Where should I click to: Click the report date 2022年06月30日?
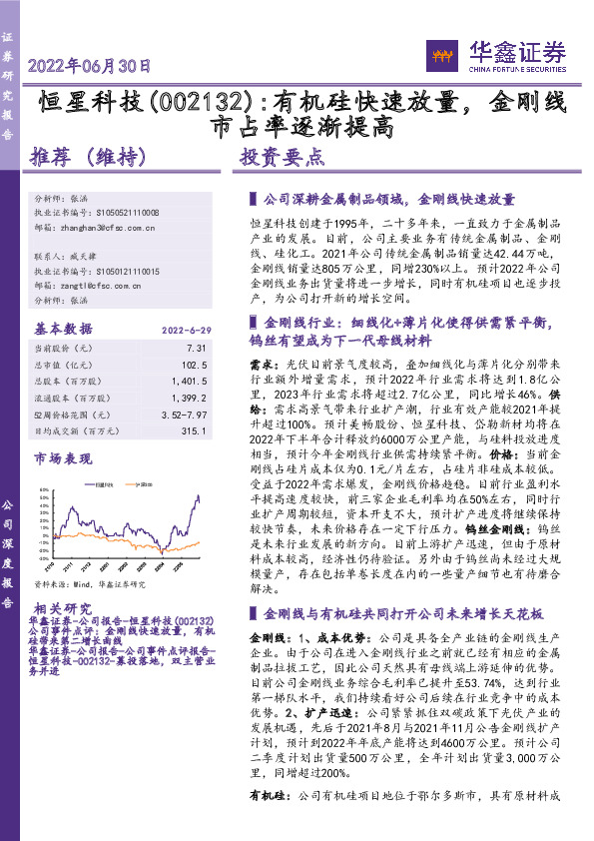[89, 67]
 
